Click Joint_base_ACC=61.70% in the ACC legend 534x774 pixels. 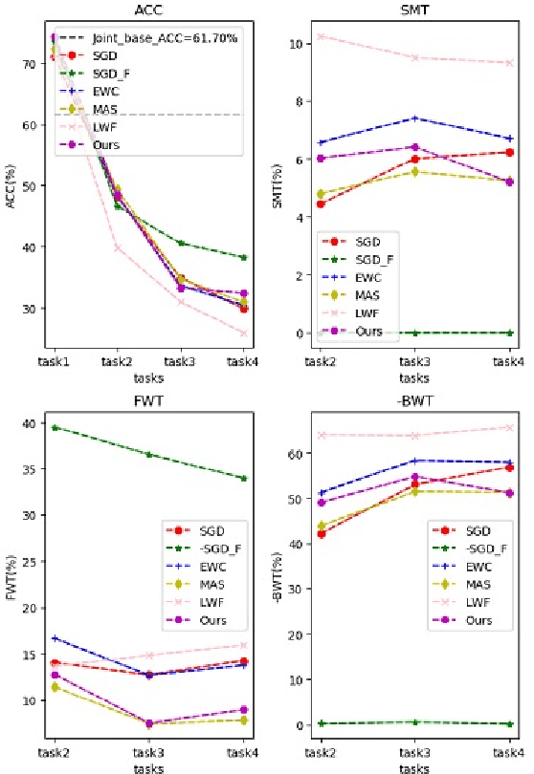pos(164,38)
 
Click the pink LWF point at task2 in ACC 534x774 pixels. pos(118,247)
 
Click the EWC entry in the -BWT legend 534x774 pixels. pos(477,567)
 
